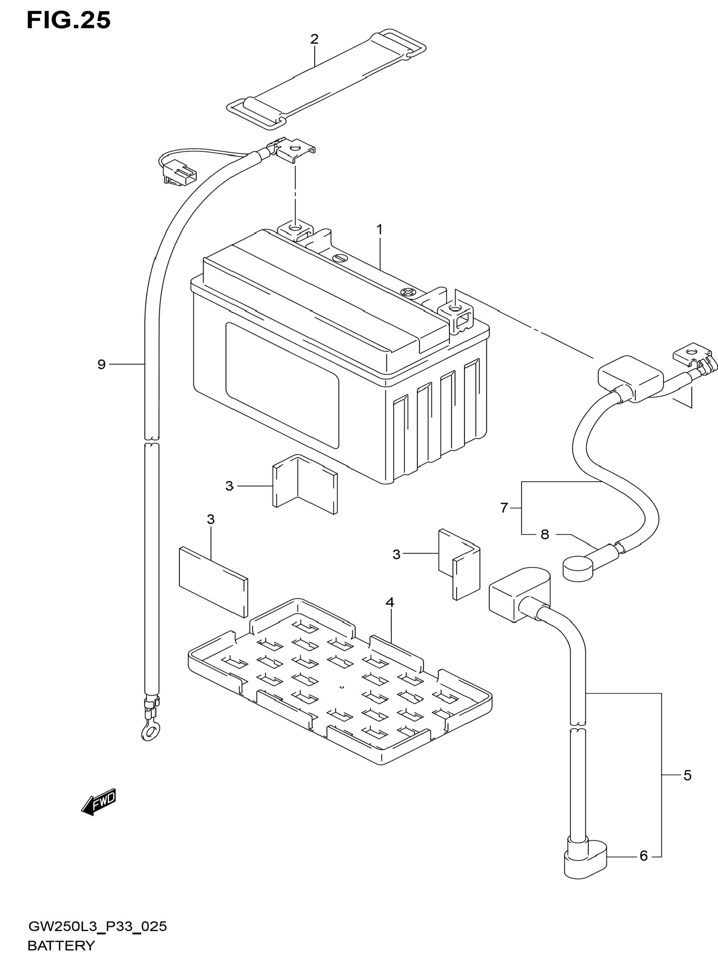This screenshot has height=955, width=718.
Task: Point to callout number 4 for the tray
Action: pyautogui.click(x=390, y=602)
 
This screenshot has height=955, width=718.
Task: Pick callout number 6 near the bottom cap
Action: pyautogui.click(x=643, y=856)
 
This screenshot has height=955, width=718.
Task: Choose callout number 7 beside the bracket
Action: pyautogui.click(x=504, y=508)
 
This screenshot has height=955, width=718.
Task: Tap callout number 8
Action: pyautogui.click(x=545, y=534)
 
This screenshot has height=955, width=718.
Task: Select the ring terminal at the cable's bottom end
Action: pyautogui.click(x=149, y=732)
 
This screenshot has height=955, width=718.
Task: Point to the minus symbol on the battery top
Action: pyautogui.click(x=339, y=258)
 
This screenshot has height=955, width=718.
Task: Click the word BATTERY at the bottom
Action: pyautogui.click(x=61, y=946)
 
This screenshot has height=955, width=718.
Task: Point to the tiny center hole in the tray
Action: pyautogui.click(x=341, y=686)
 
